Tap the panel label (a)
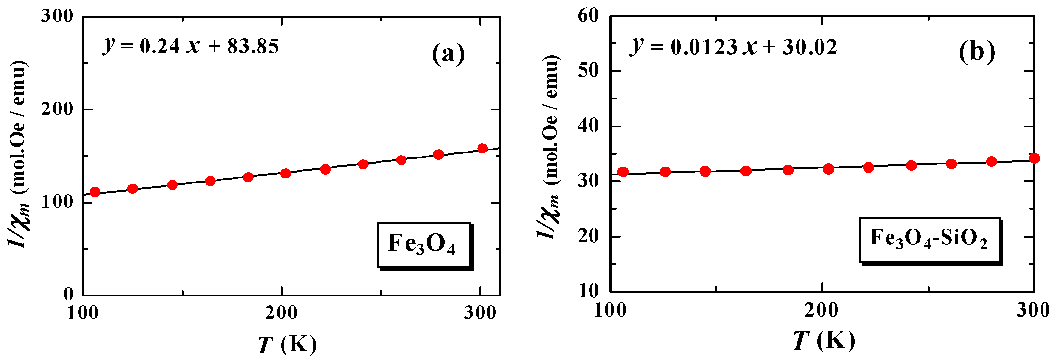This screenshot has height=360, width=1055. tap(449, 54)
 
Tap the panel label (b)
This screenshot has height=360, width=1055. tap(977, 52)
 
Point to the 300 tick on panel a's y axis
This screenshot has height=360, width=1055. tap(57, 16)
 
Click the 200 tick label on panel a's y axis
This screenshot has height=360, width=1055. tap(57, 109)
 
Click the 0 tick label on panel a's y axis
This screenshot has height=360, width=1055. tap(68, 294)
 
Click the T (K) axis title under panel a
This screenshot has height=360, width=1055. tap(287, 344)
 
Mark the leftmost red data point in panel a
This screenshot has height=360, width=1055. tap(95, 192)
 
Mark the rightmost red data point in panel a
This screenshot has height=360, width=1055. tap(482, 148)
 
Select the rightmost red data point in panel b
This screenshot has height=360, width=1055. tap(1034, 158)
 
